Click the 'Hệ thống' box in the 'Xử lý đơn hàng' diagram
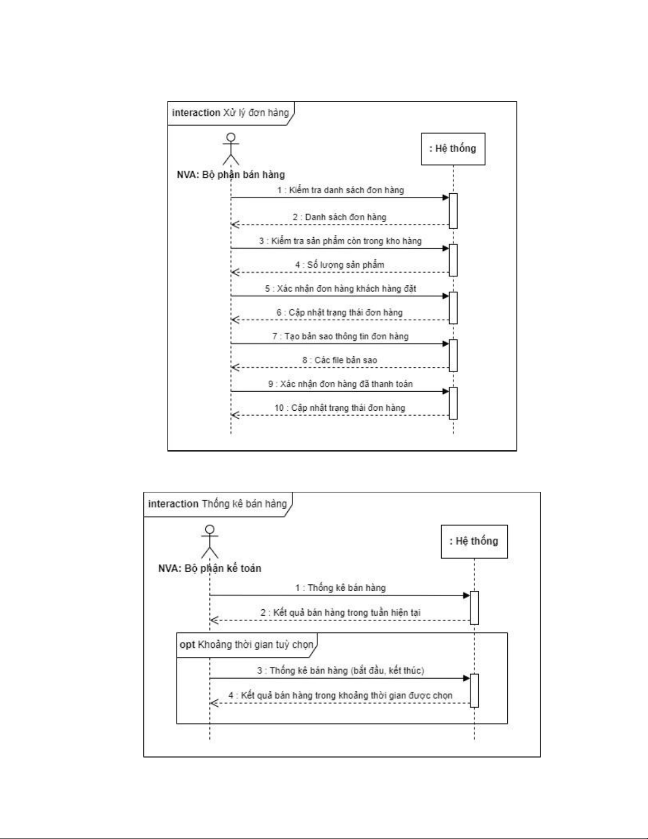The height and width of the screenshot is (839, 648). (453, 149)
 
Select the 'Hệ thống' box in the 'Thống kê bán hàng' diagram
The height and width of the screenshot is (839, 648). (474, 541)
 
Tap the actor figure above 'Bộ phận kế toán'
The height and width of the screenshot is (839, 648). (210, 542)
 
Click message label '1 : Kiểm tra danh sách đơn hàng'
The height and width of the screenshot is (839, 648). (341, 190)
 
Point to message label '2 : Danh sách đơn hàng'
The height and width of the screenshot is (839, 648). (340, 217)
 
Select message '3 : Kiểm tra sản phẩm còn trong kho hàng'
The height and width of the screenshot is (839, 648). (340, 241)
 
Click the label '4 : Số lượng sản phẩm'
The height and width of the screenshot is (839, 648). (340, 265)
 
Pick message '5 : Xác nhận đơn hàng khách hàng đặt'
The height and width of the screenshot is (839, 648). (341, 288)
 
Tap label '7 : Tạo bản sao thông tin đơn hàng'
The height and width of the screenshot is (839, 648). (340, 336)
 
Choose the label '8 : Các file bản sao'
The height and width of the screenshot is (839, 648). (340, 360)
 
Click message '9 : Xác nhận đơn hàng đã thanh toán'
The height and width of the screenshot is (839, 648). (340, 384)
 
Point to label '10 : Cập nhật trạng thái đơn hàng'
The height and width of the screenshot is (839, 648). (340, 408)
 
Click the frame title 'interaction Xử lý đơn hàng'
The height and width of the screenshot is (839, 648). (231, 113)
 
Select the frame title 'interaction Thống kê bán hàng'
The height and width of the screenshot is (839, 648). (217, 503)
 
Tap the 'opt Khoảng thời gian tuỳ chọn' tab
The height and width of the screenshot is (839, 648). (247, 644)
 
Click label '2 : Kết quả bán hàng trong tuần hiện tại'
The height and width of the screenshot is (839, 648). (340, 612)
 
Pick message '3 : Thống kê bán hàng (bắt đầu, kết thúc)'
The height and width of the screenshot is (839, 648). (341, 670)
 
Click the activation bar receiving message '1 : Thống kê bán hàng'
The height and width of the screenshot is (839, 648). (474, 607)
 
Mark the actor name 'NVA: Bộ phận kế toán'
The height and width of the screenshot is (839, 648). (209, 569)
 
